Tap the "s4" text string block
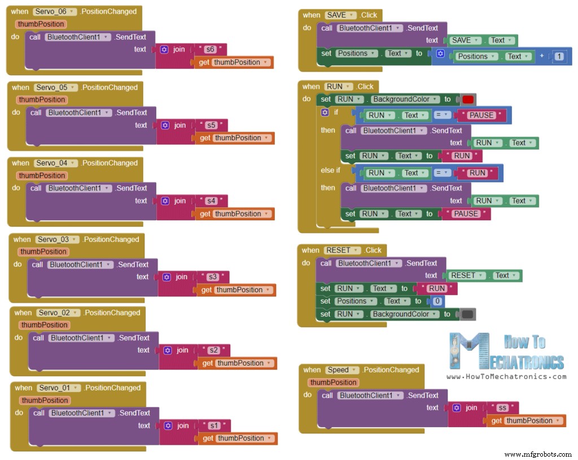pyautogui.click(x=211, y=201)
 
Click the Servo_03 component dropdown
pyautogui.click(x=56, y=240)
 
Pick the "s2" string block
pyautogui.click(x=213, y=350)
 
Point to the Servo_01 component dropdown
pyautogui.click(x=59, y=388)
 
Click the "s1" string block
pyautogui.click(x=214, y=426)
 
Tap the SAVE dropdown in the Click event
pyautogui.click(x=340, y=15)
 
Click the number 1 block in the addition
pyautogui.click(x=559, y=57)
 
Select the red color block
pyautogui.click(x=468, y=99)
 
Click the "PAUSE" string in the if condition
pyautogui.click(x=481, y=115)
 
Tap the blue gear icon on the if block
pyautogui.click(x=325, y=112)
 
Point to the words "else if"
pyautogui.click(x=331, y=170)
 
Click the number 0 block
pyautogui.click(x=437, y=302)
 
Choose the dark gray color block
pyautogui.click(x=468, y=314)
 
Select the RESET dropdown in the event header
pyautogui.click(x=340, y=250)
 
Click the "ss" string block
pyautogui.click(x=502, y=408)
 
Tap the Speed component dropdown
pyautogui.click(x=341, y=370)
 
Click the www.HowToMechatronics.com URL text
pyautogui.click(x=506, y=376)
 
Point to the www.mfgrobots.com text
pyautogui.click(x=538, y=454)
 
